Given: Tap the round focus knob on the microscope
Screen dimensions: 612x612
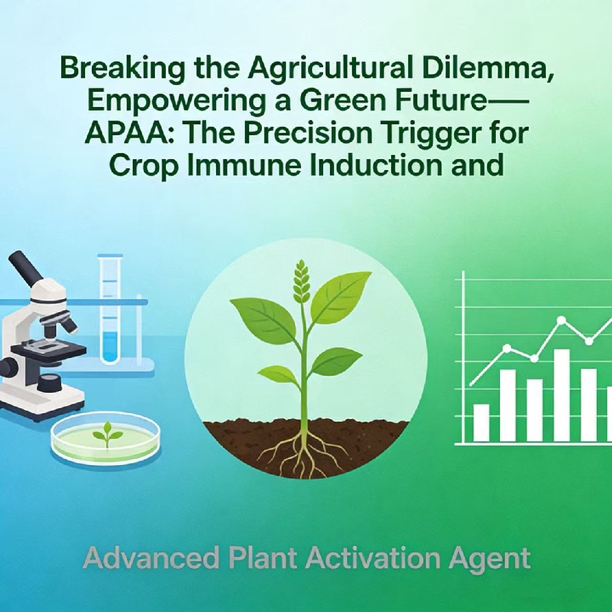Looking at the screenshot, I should click(10, 367).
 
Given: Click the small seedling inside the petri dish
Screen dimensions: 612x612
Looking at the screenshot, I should click(107, 435).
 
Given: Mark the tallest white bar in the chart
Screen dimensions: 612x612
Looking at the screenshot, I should click(561, 395).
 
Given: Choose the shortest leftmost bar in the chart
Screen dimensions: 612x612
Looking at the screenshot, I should click(481, 422).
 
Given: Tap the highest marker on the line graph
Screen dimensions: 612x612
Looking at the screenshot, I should click(561, 319).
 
